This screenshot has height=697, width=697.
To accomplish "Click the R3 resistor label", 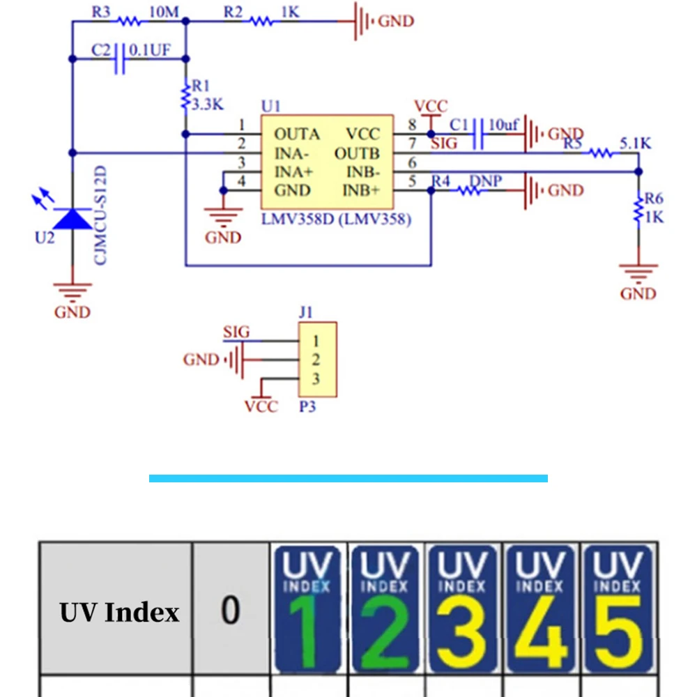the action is point(101,12).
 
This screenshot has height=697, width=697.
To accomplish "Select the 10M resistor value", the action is point(164,12).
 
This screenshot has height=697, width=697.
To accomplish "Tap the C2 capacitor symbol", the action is point(119,59).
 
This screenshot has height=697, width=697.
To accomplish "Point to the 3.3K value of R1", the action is point(207,105).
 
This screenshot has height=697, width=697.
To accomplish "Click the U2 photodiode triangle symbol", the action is point(72,219).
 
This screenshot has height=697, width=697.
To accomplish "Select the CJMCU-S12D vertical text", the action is point(100,215).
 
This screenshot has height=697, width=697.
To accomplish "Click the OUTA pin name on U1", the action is point(297,134).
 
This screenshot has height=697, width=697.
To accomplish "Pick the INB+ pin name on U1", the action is point(361,191).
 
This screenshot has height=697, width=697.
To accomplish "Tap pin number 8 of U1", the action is point(412,125).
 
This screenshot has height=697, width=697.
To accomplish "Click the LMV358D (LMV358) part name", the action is point(336,219).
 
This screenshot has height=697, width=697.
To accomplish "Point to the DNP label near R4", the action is point(485,181).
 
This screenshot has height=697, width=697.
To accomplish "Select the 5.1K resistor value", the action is point(635,143).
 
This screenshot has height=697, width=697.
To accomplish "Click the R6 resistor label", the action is point(654,198).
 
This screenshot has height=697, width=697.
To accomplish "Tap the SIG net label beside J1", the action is point(236,332).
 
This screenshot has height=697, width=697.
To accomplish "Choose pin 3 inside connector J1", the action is point(316,379).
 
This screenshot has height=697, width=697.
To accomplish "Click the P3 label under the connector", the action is point(307,407).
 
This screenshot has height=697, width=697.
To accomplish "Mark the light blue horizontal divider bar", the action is point(348,478).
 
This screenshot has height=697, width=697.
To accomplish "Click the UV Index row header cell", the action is point(116,608).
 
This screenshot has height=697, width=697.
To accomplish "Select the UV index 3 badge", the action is point(462,608).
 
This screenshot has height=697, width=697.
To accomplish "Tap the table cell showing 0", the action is point(231,608).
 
